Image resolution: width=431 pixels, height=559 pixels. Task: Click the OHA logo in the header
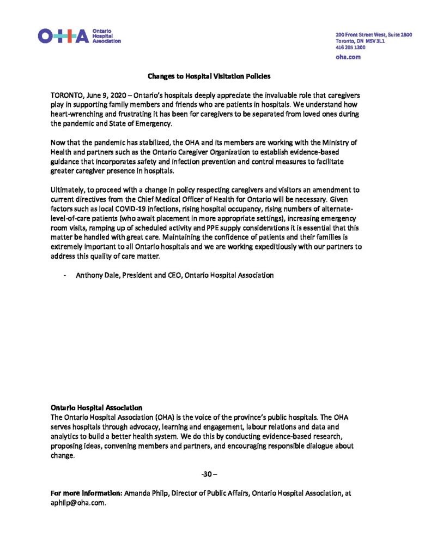coord(79,37)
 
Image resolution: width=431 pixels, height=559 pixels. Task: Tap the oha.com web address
coord(348,56)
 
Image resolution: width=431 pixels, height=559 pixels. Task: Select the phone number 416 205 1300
coord(350,47)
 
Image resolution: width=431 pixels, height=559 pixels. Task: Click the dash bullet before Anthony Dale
coord(65,276)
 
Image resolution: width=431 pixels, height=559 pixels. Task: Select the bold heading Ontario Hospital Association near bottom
coord(96,407)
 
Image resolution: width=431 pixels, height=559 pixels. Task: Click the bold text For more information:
coord(86,493)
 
